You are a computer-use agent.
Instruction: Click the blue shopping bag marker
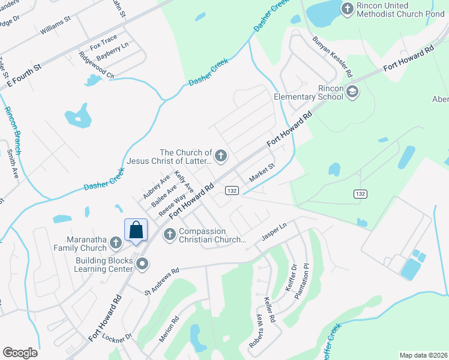136,230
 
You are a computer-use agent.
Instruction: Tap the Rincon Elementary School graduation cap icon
352,92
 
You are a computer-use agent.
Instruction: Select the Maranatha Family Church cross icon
116,243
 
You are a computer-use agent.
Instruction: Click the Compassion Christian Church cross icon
169,234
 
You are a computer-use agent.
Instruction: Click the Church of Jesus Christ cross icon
221,157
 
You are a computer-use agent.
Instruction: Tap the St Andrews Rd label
162,281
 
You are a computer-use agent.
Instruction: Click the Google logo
20,353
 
